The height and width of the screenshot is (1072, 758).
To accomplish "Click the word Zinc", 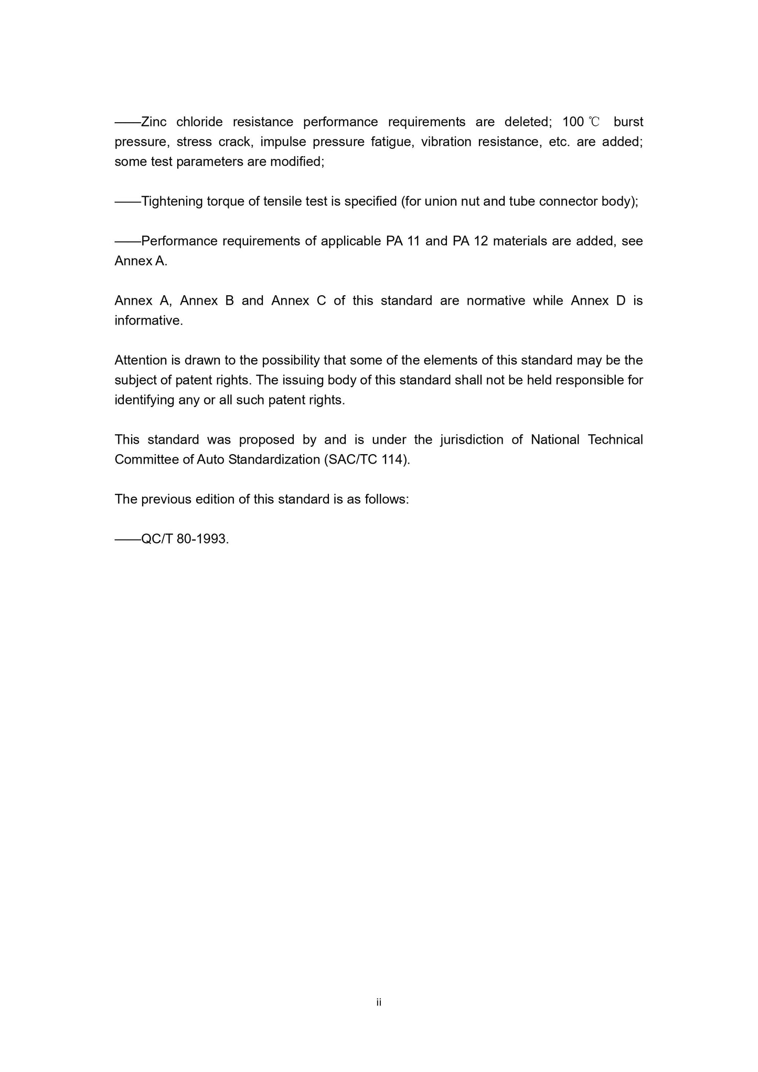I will coord(154,122).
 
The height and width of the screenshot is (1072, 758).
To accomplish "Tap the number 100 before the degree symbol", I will coord(573,122).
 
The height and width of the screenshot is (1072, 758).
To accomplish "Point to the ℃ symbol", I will coord(594,122).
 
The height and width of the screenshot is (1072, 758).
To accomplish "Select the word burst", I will coord(628,122).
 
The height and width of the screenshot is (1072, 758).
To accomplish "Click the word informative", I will coord(148,320).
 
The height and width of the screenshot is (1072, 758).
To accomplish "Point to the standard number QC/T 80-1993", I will coord(185,539).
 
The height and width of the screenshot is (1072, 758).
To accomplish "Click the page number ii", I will coord(379,1002).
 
